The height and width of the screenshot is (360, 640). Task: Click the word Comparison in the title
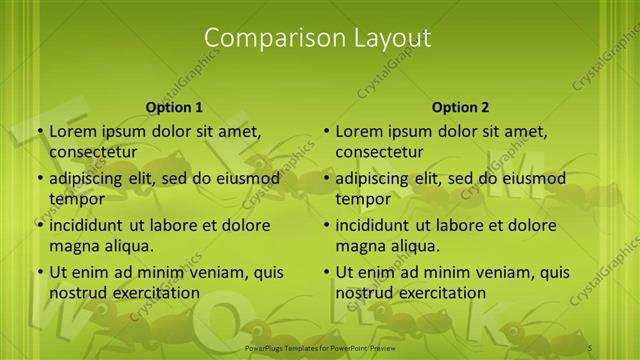264,38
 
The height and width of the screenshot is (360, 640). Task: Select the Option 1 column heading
174,106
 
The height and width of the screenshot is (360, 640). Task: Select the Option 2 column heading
460,106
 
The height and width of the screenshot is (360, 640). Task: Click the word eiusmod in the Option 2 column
531,179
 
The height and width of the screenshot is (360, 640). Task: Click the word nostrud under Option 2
365,292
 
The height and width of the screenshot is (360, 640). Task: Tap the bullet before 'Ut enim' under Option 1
39,272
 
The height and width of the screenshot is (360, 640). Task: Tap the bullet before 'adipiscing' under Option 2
326,179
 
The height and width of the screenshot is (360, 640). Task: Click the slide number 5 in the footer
590,348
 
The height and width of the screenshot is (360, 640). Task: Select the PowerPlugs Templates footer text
319,348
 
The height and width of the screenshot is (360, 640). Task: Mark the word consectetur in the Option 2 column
379,152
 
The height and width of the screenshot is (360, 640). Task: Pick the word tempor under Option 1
77,198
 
